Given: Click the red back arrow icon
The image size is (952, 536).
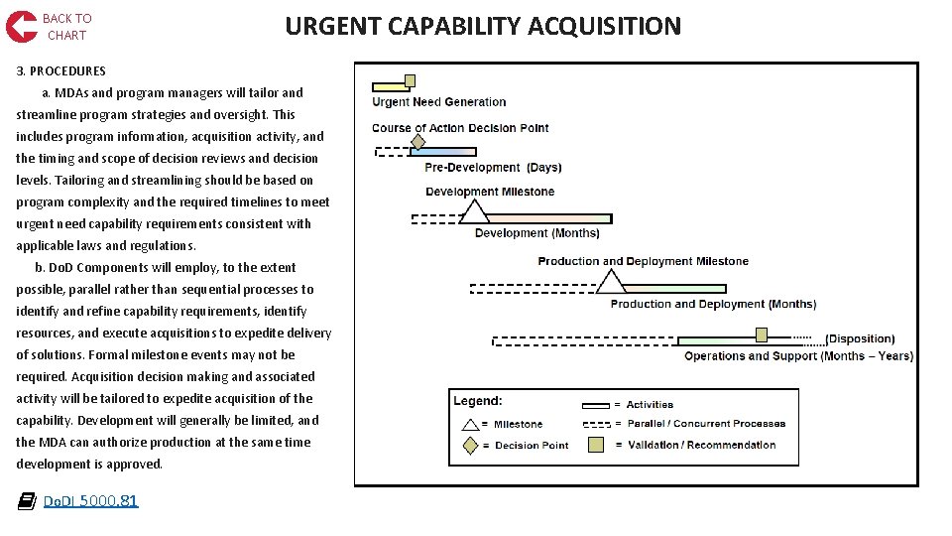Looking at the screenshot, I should click(21, 27).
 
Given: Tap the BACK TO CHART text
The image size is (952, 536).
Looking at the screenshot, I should click(66, 27).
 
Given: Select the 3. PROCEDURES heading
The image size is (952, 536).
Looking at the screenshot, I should click(60, 70).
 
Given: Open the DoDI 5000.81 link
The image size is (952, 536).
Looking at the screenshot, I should click(90, 501).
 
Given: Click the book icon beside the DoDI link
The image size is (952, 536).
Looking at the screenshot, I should click(27, 501).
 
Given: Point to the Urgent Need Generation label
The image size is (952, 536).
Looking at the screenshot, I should click(438, 102).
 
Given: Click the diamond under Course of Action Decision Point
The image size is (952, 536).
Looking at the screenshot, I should click(417, 142).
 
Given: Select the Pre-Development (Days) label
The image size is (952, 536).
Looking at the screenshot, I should click(493, 168).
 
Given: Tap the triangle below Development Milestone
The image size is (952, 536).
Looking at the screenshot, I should click(474, 211).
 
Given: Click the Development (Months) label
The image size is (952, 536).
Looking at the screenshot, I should click(536, 233).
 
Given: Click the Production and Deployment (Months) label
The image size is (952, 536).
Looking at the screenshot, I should click(713, 305).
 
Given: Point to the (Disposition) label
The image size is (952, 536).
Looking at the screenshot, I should click(860, 339).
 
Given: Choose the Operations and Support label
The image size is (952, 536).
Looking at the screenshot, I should click(798, 356).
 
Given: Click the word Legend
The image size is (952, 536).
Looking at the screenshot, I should click(478, 401).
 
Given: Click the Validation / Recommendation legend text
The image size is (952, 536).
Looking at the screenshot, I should click(701, 445).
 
